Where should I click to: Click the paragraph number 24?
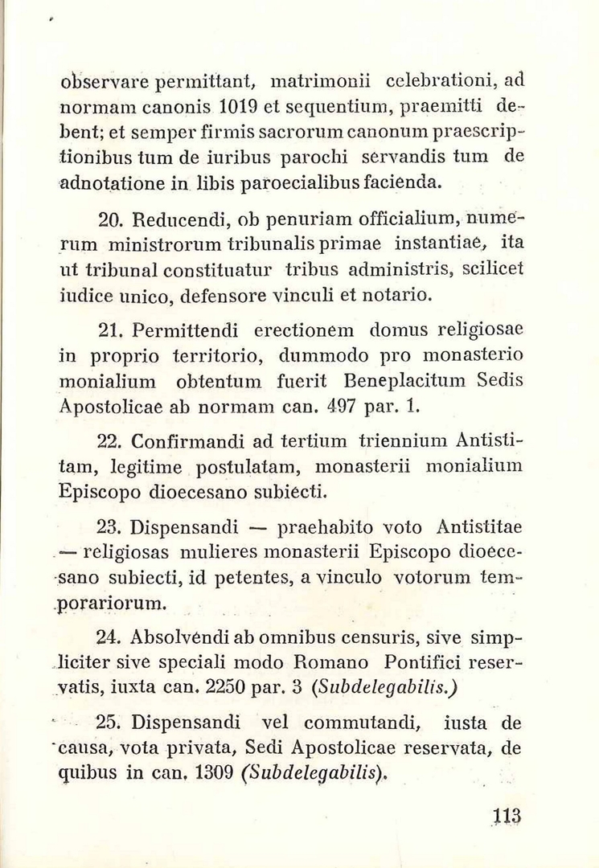click(108, 639)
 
